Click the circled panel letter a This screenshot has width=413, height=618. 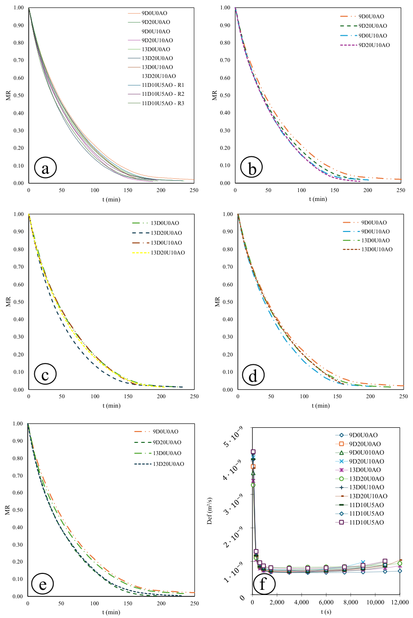tap(46, 168)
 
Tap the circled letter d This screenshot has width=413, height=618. tap(253, 375)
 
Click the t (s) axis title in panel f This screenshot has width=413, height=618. tap(326, 612)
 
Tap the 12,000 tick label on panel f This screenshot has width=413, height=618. tap(400, 603)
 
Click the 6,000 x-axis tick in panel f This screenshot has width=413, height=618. tap(326, 603)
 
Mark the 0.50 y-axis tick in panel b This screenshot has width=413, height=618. tap(225, 95)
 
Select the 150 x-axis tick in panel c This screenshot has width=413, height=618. tap(128, 396)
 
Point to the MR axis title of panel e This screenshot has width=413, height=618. tap(8, 510)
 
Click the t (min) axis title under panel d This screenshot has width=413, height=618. tap(321, 406)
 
